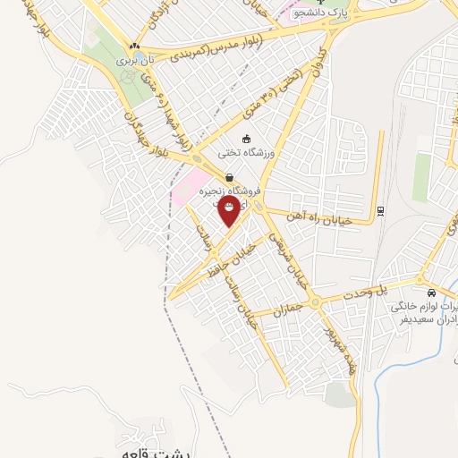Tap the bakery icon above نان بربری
click(134, 46)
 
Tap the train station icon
click(381, 211)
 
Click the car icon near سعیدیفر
click(432, 293)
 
